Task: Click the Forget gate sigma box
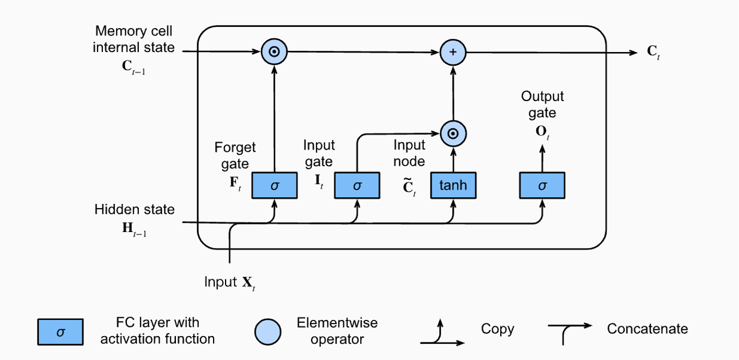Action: (275, 185)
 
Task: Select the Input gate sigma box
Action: (358, 185)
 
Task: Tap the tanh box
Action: (453, 185)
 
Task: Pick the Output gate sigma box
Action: (542, 185)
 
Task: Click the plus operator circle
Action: (453, 53)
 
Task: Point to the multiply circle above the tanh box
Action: (453, 134)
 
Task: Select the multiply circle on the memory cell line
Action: (275, 53)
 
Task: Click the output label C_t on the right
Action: (653, 52)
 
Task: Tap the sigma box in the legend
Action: (61, 332)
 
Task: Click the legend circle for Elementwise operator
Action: (267, 332)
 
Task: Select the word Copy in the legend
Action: (497, 329)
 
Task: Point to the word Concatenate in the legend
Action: (647, 329)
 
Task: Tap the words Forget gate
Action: (235, 155)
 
